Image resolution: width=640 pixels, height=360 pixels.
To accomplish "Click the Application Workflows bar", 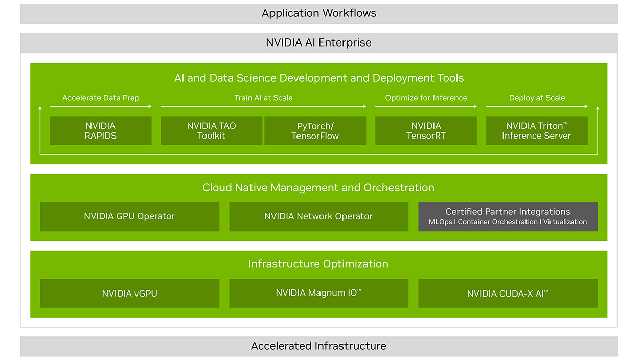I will click(x=318, y=14).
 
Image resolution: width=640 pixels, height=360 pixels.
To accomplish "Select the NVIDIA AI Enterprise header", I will click(x=318, y=43).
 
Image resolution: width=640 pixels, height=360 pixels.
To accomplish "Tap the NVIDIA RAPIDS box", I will click(x=101, y=130).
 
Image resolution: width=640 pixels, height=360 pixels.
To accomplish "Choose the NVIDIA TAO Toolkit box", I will click(x=211, y=130).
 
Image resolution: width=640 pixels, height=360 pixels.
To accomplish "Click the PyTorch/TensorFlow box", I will click(x=315, y=130).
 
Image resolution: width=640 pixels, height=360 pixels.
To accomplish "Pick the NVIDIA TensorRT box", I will click(x=426, y=130).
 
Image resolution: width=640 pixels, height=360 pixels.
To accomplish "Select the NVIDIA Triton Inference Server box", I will click(x=536, y=130).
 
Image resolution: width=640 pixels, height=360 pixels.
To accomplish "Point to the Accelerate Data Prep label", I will click(x=101, y=98).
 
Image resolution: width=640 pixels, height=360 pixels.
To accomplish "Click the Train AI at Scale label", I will click(x=263, y=98).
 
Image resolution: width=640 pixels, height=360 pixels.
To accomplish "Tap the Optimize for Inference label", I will click(x=426, y=98).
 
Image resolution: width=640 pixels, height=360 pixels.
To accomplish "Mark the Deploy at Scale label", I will click(x=537, y=98).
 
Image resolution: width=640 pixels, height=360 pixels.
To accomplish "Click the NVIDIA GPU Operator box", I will click(x=129, y=216).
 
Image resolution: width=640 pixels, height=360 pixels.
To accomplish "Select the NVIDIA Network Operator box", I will click(x=318, y=216).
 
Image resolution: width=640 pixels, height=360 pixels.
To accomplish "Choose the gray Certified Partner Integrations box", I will click(x=508, y=216).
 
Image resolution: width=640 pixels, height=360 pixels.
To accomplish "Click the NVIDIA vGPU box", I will click(x=129, y=293).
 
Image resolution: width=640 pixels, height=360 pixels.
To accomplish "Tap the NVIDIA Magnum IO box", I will click(x=318, y=293).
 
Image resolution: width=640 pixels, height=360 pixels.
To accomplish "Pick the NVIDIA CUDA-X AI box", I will click(x=508, y=293).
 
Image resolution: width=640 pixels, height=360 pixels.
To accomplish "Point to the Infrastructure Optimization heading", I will click(x=318, y=264).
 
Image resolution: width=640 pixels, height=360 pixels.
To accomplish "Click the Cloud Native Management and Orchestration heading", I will click(x=318, y=188).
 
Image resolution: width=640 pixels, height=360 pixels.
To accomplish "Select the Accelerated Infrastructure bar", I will click(x=318, y=346).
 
